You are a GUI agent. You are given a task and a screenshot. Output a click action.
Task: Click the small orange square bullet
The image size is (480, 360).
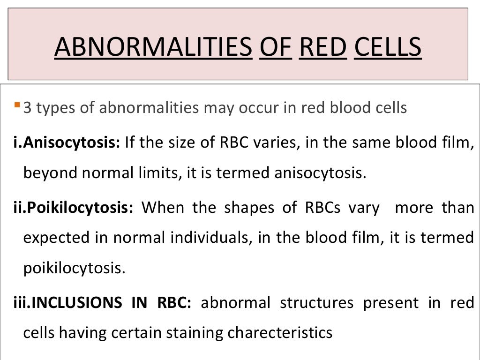click(x=17, y=103)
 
